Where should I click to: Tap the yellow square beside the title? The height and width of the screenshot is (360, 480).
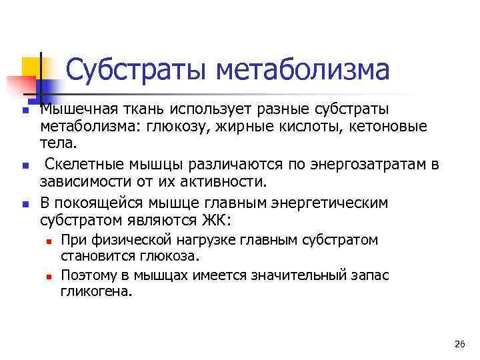pos(30,67)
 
